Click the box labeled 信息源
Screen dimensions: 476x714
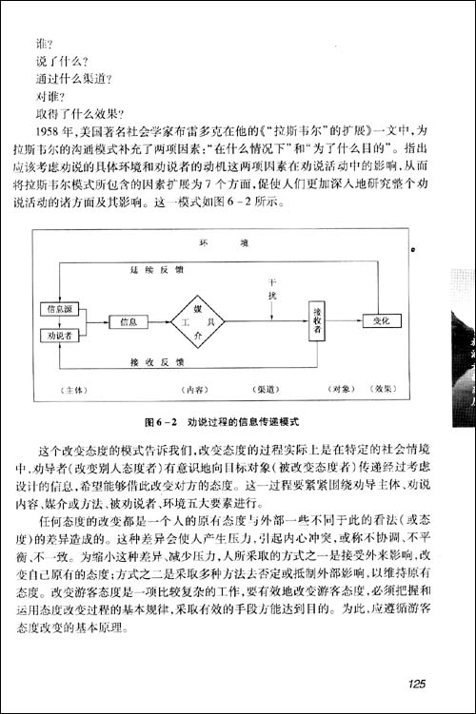coord(55,310)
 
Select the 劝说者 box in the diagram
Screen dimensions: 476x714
coord(55,335)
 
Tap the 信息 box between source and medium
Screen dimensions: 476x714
coord(129,322)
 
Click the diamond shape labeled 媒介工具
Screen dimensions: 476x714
coord(197,321)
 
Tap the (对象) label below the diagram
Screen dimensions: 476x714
coord(340,389)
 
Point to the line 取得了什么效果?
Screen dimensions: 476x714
coord(80,113)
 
